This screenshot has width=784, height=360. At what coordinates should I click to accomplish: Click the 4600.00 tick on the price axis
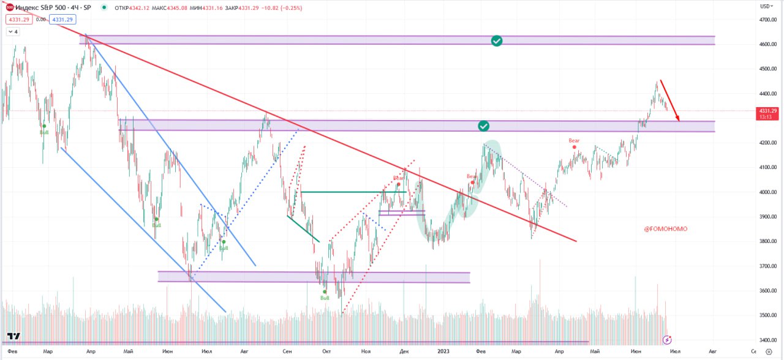coord(767,45)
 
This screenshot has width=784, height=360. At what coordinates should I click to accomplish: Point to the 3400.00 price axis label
coord(767,340)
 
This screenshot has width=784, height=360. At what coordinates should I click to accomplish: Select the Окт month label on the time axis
coord(326,352)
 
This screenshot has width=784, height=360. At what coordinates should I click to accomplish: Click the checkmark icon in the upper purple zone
coord(497,40)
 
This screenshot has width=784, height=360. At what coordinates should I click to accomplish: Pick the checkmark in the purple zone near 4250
coord(484,126)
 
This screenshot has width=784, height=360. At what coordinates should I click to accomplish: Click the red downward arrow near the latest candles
coord(669,100)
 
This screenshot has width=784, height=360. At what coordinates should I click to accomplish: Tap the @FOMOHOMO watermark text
coord(665,229)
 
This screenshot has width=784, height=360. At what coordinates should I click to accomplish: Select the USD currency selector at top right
coord(766,6)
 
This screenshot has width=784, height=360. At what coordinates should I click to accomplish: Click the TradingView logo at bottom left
coord(13,336)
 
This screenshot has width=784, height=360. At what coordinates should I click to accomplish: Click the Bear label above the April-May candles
coord(574,141)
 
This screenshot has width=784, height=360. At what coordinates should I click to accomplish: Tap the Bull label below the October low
coord(325,298)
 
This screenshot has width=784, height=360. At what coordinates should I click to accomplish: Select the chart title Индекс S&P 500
coord(42,8)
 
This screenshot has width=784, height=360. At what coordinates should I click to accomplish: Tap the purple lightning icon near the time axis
coord(667,339)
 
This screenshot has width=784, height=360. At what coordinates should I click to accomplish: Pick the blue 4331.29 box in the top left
coord(62,20)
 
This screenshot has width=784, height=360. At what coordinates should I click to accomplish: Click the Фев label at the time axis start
coord(12,352)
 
